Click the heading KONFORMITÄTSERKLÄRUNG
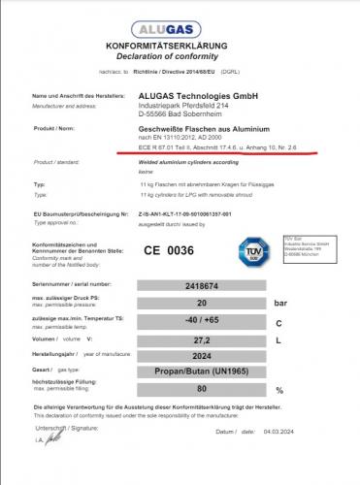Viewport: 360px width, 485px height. coord(181,46)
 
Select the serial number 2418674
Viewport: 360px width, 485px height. coord(201,287)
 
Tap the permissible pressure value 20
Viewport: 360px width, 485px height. coord(201,304)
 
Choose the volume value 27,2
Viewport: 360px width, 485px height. coord(201,339)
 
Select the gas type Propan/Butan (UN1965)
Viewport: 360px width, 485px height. coord(201,372)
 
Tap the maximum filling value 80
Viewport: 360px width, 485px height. coord(201,389)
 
